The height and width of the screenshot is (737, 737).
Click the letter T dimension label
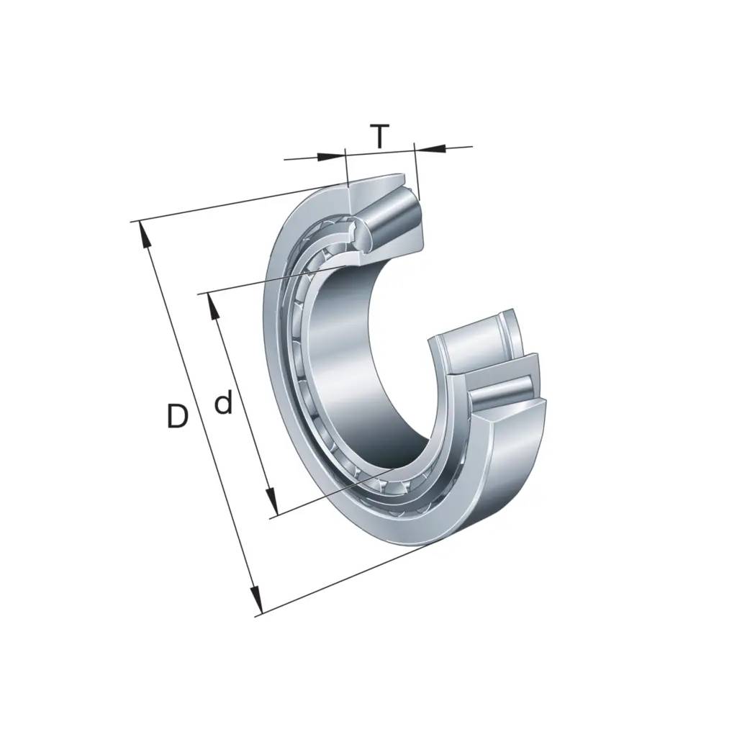(x=380, y=136)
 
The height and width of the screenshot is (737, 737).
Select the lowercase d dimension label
(x=223, y=404)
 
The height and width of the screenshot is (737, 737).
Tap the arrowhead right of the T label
(x=429, y=148)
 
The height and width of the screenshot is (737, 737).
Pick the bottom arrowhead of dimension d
(x=271, y=502)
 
